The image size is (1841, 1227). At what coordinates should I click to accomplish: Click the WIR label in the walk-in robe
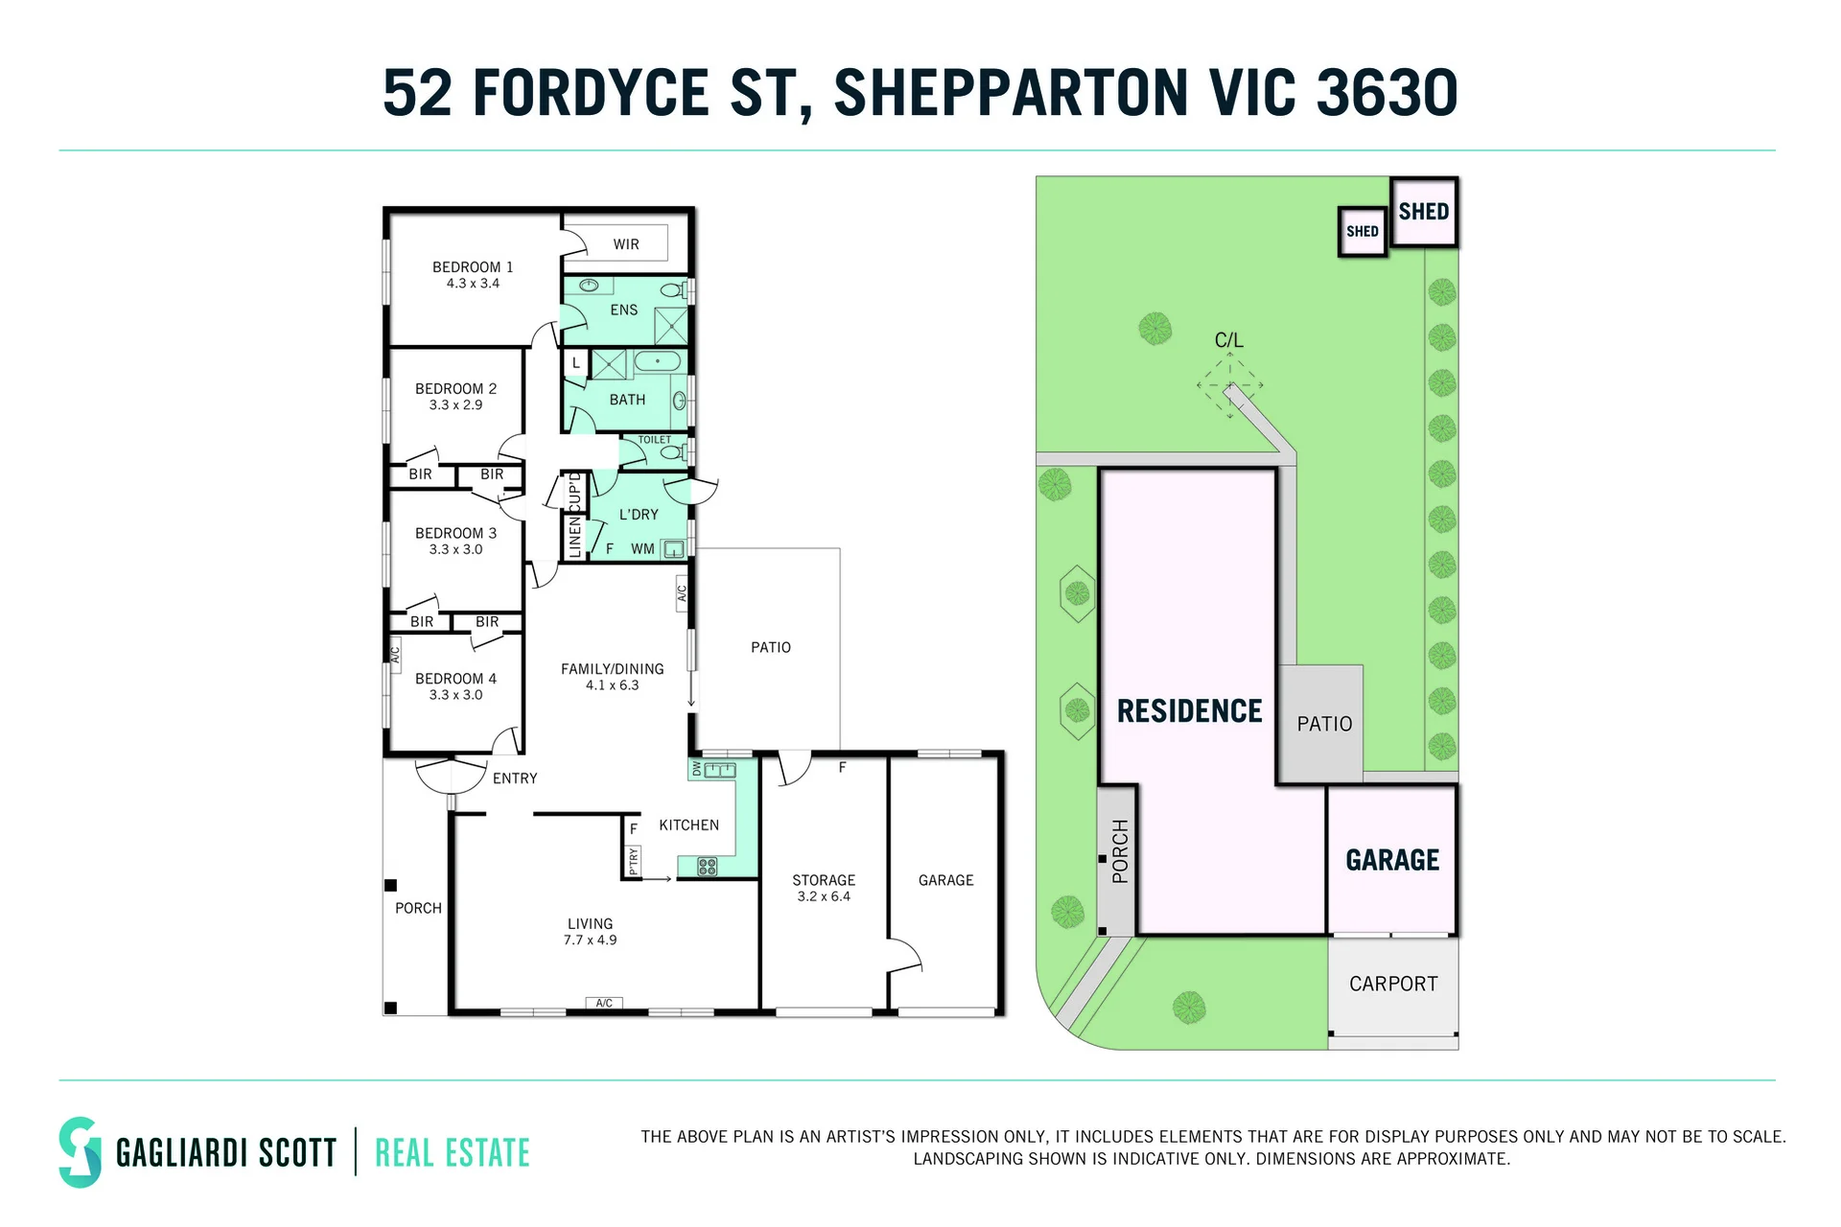click(626, 244)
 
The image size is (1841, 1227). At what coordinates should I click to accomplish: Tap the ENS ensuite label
click(623, 310)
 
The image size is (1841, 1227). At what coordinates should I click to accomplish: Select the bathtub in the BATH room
click(657, 362)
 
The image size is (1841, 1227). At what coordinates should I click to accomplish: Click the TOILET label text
click(655, 440)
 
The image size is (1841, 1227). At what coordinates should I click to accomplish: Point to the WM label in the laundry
click(642, 549)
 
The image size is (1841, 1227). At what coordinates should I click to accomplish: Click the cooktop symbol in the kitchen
click(708, 867)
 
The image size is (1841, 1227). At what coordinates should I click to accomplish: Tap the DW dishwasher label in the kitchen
click(696, 769)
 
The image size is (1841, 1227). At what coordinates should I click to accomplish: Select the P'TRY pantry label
click(633, 861)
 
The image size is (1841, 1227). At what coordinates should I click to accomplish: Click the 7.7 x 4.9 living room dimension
click(590, 940)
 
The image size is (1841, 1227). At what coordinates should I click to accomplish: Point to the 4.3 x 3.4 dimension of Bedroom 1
click(473, 284)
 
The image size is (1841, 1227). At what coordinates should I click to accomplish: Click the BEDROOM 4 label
click(455, 679)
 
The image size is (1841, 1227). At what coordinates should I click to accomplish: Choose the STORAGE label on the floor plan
click(824, 880)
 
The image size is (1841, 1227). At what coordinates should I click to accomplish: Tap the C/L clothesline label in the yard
click(1228, 340)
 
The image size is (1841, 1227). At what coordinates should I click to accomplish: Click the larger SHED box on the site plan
click(1424, 212)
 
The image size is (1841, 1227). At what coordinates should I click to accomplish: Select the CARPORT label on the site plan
click(1393, 984)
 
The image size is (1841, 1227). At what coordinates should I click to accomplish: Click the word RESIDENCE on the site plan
click(1190, 711)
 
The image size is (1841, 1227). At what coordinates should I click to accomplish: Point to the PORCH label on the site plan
click(1120, 851)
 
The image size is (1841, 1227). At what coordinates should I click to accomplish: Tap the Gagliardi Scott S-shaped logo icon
click(80, 1152)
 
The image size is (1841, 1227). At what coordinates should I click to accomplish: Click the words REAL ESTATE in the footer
click(453, 1153)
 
